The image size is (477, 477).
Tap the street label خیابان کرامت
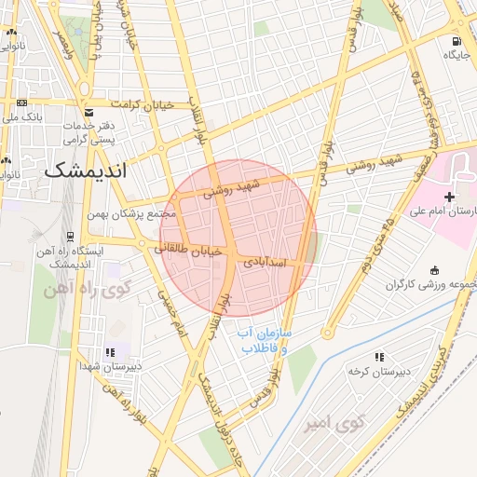143,104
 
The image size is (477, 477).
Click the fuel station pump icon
456,41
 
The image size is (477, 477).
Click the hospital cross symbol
449,197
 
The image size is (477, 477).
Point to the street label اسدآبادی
269,264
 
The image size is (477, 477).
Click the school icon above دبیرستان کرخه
378,357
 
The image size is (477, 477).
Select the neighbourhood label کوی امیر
332,426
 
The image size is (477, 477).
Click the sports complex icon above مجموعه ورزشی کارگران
434,269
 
